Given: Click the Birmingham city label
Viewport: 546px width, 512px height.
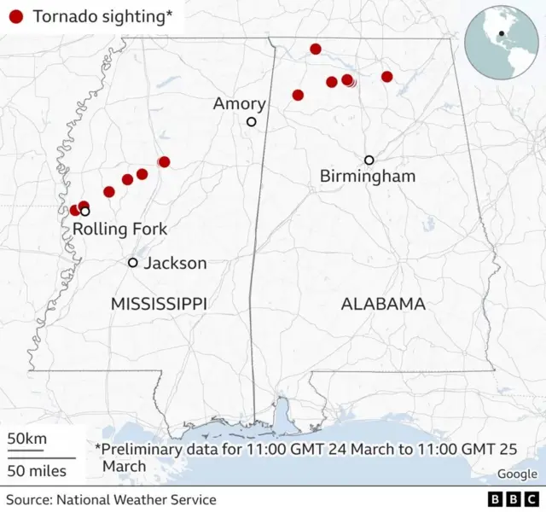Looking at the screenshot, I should point(367,177).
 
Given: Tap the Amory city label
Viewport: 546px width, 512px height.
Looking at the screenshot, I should point(239,104).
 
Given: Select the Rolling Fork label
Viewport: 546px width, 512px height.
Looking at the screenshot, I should point(119,229).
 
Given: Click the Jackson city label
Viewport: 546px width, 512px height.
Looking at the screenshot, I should point(175,263).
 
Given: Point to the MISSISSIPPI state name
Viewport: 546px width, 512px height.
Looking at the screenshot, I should point(159,304).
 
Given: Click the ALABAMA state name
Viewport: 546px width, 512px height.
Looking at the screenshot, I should point(383,304).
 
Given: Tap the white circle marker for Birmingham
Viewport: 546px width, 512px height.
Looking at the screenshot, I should point(369,160).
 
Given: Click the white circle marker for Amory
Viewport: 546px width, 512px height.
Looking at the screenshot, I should point(251,122).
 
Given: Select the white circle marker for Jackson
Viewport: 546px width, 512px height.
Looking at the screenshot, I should point(133,262).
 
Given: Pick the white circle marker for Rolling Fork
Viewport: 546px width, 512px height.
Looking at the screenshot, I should point(85,211).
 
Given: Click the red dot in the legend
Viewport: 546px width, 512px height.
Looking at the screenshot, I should point(15,15).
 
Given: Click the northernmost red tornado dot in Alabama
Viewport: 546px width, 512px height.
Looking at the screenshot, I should point(316,49).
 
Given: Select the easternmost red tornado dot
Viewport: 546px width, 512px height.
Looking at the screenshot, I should point(386,77).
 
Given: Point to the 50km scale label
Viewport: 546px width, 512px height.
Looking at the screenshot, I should point(27,439).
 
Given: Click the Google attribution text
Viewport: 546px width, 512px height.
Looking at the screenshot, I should point(517,474).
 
